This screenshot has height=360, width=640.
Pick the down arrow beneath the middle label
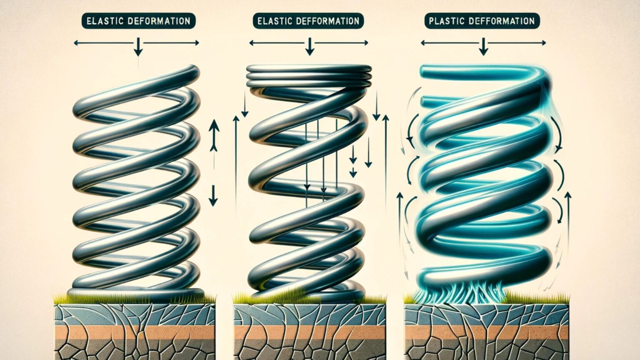(309, 46)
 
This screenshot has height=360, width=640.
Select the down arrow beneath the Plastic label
(483, 46)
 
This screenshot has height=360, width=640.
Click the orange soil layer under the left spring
(135, 333)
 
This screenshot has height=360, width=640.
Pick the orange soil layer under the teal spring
(486, 333)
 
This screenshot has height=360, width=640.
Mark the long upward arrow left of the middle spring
(236, 158)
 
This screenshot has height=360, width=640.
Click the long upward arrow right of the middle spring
(385, 158)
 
